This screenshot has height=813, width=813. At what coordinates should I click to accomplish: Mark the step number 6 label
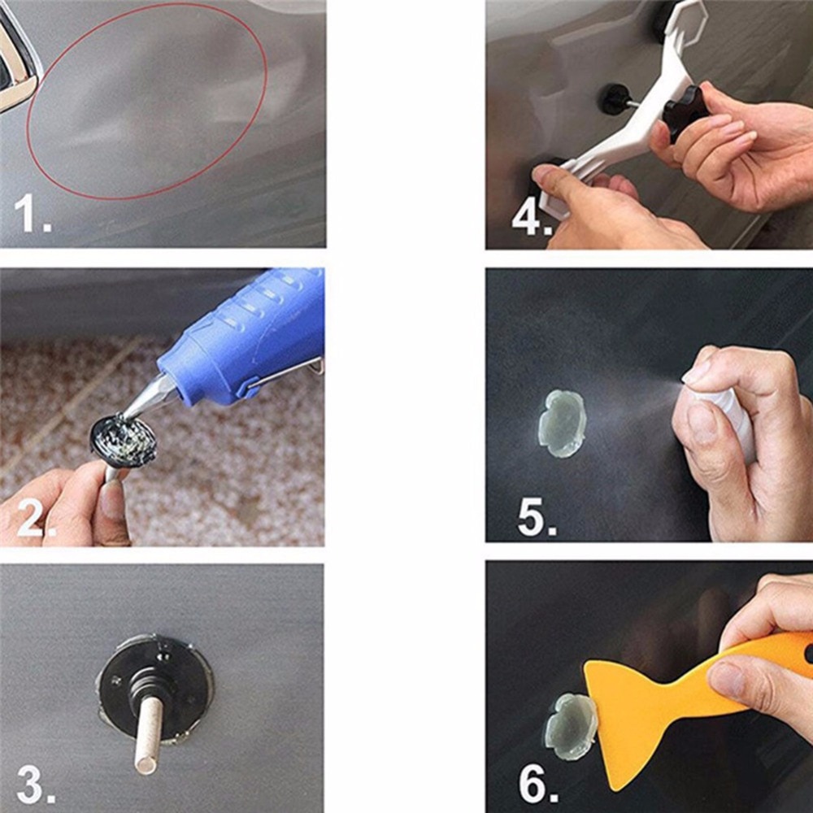coord(537,785)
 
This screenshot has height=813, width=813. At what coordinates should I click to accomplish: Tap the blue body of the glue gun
coord(244,333)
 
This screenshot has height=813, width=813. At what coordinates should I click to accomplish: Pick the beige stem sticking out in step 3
coord(149,735)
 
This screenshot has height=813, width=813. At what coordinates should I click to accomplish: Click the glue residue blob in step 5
coord(561,423)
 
